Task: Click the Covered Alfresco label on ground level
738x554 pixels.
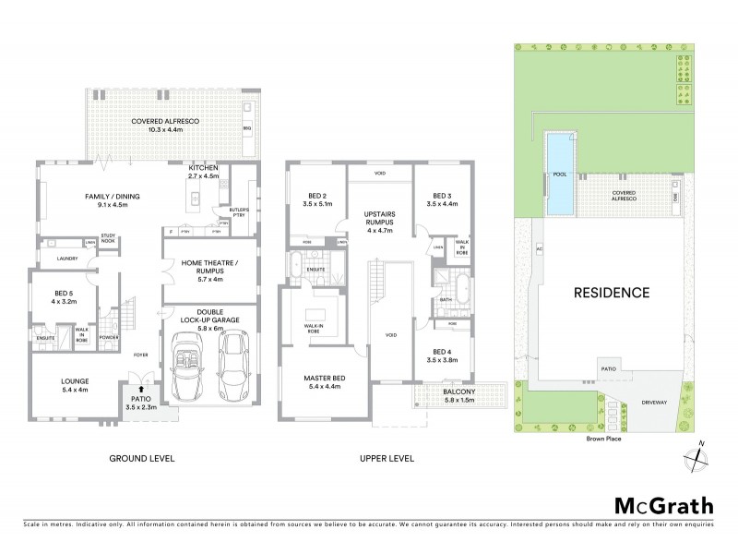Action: point(166,126)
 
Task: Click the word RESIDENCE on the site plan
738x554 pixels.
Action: point(613,293)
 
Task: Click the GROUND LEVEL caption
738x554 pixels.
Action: point(142,459)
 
